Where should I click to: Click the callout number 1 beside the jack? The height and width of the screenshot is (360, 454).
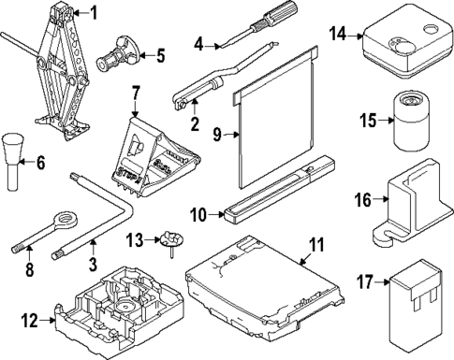coord(93,12)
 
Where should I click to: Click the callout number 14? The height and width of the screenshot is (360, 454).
coord(339,35)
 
